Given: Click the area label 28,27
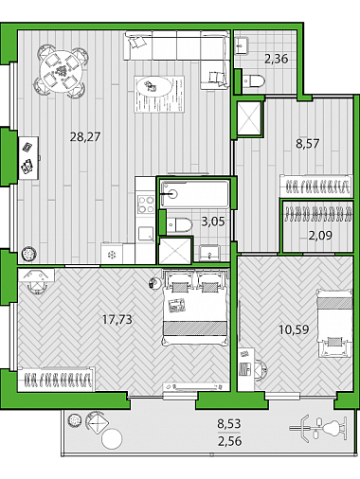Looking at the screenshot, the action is (85, 137).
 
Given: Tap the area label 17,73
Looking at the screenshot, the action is (117, 320).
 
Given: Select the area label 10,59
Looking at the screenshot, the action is (294, 329).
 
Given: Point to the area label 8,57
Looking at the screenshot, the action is (307, 144).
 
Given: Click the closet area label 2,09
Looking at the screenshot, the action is (320, 236).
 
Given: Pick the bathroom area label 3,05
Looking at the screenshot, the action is (213, 222).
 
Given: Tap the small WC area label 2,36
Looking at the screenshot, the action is (277, 59).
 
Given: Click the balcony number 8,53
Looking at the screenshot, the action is (229, 423).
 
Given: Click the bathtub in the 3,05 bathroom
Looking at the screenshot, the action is (194, 193).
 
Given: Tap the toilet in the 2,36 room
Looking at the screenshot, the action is (253, 80).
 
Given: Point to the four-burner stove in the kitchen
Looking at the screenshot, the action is (146, 204).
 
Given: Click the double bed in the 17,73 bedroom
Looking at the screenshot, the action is (194, 308).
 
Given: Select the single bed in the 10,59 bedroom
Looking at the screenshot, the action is (334, 324).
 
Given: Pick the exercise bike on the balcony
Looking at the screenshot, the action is (319, 430).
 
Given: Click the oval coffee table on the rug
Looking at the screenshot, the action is (153, 88).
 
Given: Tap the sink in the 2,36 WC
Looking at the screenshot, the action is (243, 46).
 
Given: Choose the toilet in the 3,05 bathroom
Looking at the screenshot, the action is (179, 225).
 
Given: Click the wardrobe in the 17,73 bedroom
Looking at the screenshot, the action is (57, 380).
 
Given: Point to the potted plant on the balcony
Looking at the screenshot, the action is (75, 420).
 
